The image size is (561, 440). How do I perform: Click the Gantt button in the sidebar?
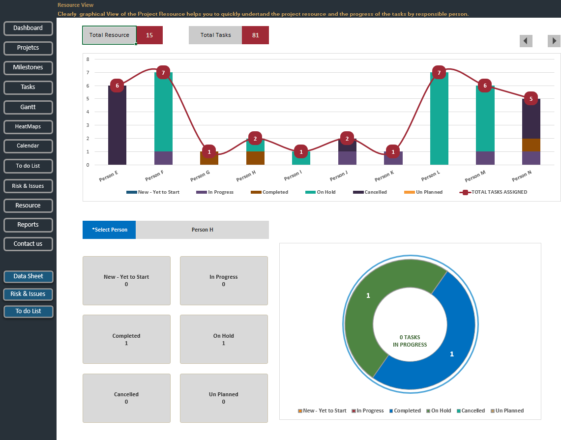[28, 107]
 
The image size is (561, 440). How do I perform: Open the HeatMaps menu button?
[28, 126]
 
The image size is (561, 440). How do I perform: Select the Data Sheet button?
[28, 276]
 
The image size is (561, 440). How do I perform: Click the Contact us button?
[28, 243]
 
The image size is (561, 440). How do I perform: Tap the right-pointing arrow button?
[554, 41]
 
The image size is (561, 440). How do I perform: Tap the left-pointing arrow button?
[526, 41]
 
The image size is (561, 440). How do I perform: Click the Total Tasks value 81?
[255, 35]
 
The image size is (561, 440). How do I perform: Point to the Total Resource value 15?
[149, 35]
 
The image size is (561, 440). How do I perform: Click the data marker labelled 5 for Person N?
[531, 98]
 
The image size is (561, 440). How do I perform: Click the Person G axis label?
[200, 176]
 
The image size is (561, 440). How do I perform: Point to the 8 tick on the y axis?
[88, 59]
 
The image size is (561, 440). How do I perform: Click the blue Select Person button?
[109, 230]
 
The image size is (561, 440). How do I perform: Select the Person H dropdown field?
[202, 230]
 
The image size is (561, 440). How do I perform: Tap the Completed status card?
[126, 339]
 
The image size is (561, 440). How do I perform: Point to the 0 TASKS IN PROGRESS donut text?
[410, 341]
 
